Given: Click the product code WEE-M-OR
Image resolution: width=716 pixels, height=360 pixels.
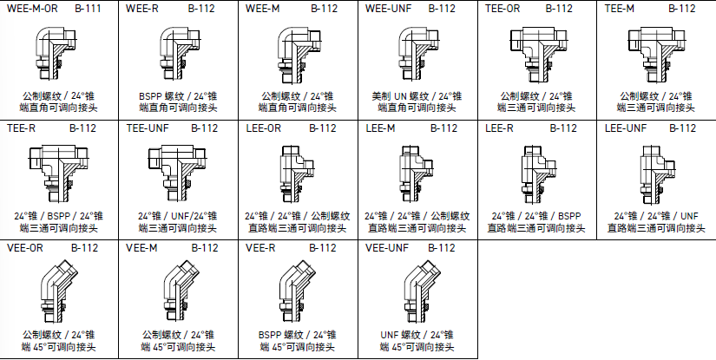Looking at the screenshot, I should (32, 9).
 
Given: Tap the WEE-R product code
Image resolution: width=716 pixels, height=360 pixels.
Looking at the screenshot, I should (142, 9).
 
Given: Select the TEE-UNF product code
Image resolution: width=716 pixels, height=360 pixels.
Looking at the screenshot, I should (149, 128).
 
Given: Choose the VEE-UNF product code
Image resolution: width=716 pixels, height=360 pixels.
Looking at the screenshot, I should (387, 247).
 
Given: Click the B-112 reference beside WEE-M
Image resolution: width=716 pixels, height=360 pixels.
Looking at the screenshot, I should (323, 9).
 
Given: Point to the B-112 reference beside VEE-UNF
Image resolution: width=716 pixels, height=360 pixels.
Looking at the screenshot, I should (442, 247).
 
